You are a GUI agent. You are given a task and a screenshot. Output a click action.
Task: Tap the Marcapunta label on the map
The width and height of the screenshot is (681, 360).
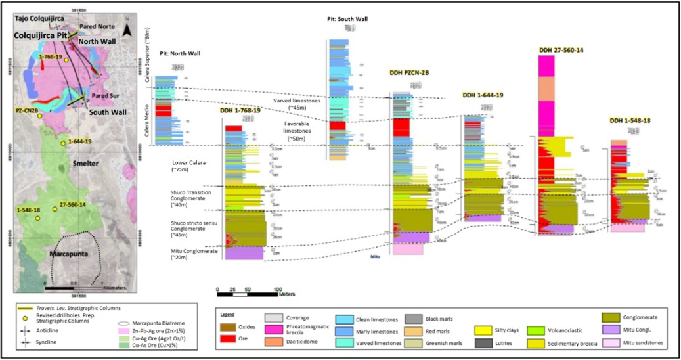[x=72, y=252]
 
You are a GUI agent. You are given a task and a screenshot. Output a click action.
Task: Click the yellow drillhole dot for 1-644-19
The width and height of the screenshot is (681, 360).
[x=64, y=143]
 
